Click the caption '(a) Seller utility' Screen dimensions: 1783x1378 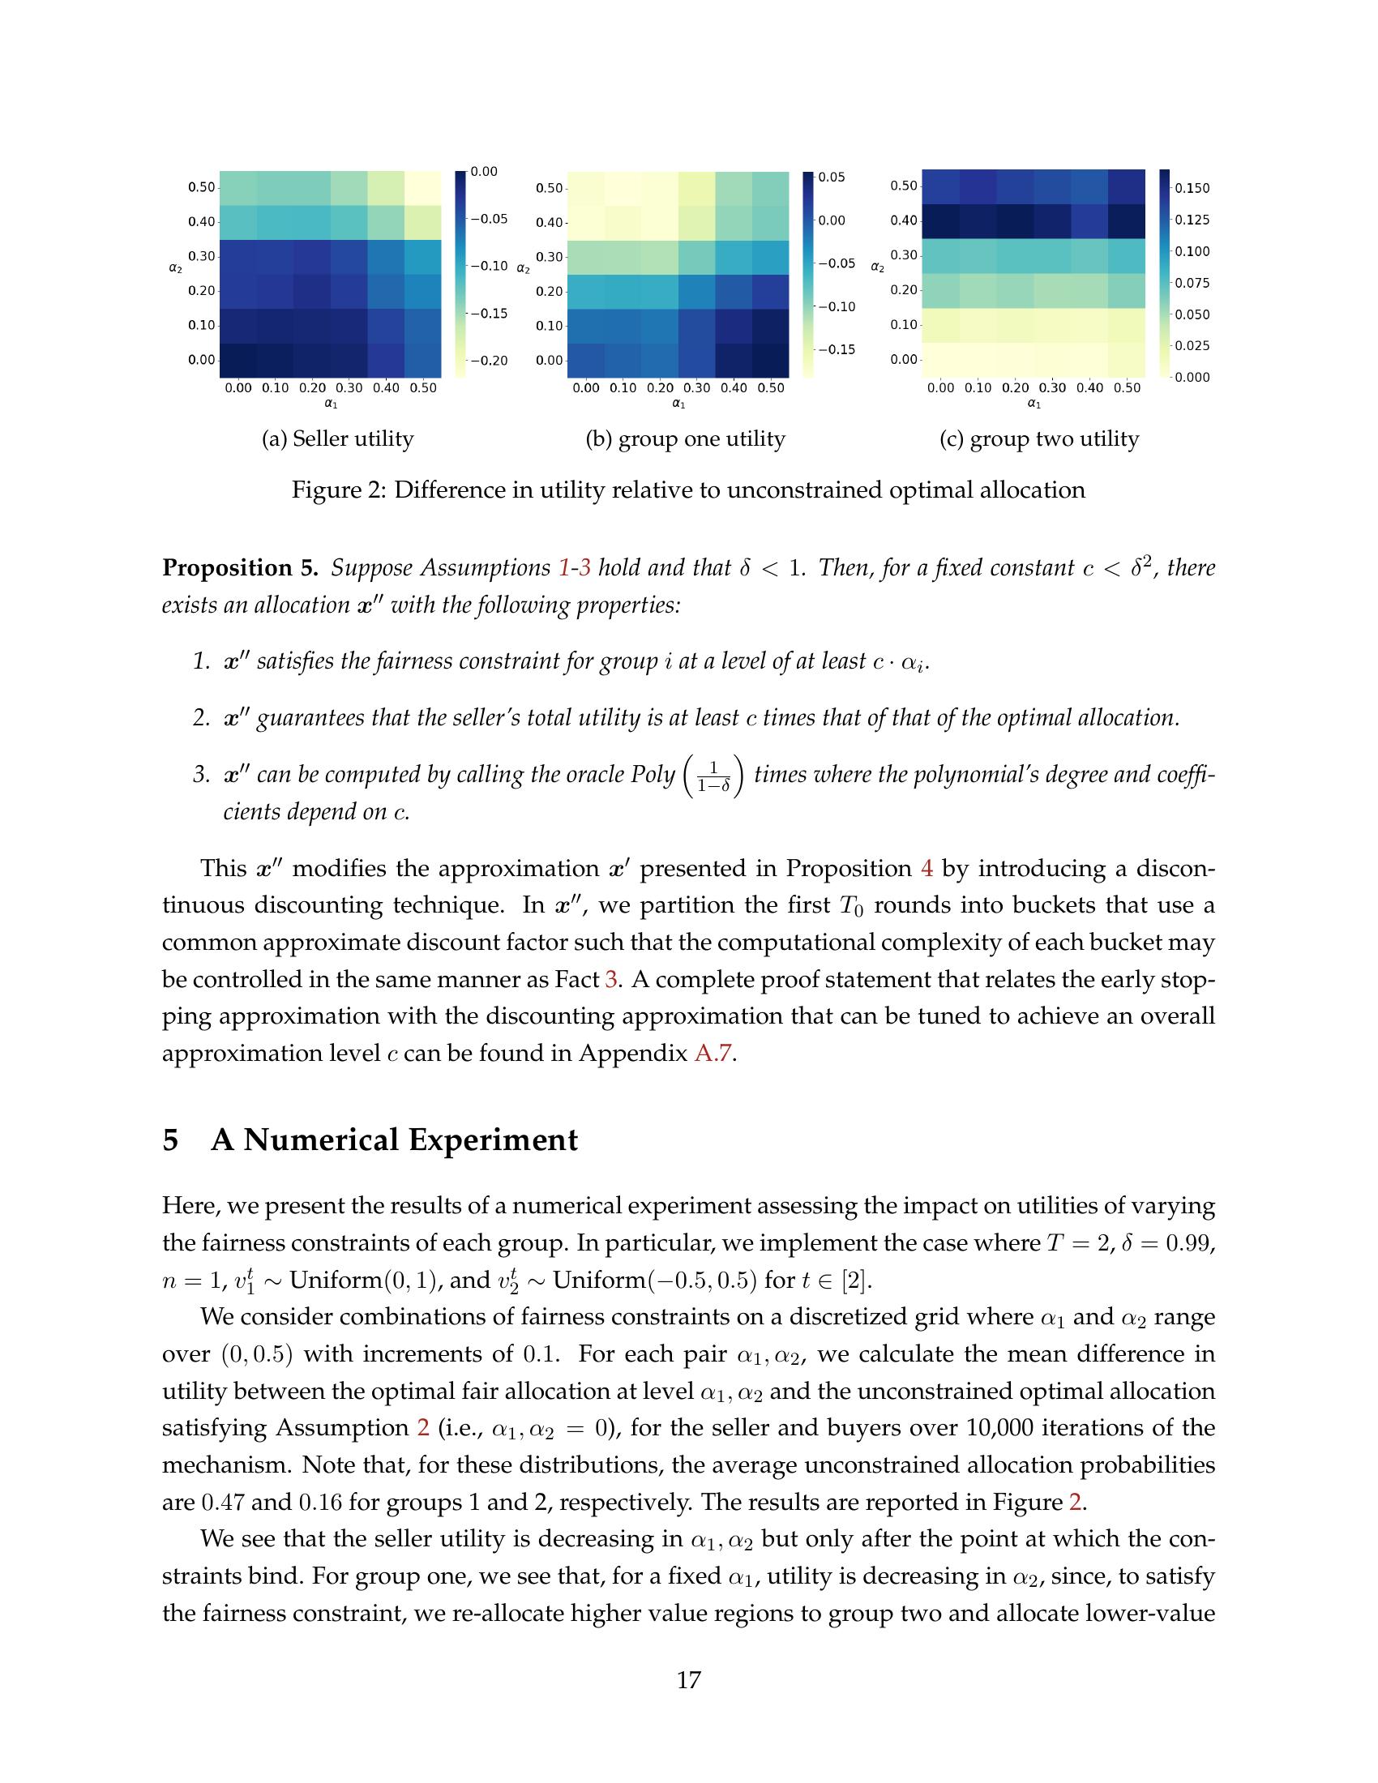pos(337,439)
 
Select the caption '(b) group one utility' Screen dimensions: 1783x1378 pos(685,439)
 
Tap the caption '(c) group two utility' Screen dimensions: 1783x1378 pos(1038,439)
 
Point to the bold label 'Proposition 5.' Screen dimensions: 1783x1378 pos(240,567)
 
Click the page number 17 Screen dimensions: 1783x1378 pos(688,1679)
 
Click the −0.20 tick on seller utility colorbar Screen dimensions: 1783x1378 pos(489,361)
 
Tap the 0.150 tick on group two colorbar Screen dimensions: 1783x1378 pos(1192,189)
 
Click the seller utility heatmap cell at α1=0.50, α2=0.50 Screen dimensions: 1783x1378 pos(423,188)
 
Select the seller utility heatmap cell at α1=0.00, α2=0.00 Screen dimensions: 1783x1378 pos(238,360)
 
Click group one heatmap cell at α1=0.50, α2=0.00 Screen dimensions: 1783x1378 pos(771,360)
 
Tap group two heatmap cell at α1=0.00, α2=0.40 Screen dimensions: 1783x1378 pos(940,220)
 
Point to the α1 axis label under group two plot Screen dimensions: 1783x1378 pos(1033,404)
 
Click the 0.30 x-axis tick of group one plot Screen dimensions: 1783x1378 pos(696,388)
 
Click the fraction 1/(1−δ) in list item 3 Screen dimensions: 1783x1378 pos(714,776)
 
